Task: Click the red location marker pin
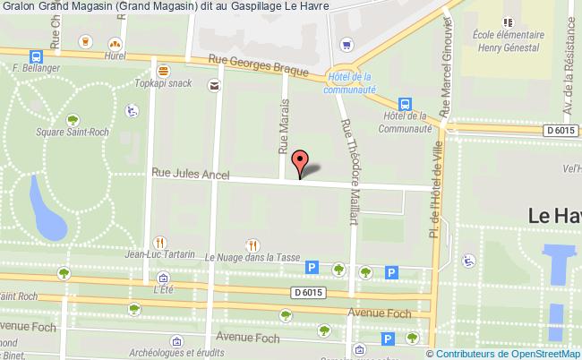pyautogui.click(x=301, y=163)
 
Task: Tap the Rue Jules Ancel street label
pyautogui.click(x=191, y=173)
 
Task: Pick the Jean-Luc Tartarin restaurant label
pyautogui.click(x=160, y=254)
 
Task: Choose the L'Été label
pyautogui.click(x=162, y=289)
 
